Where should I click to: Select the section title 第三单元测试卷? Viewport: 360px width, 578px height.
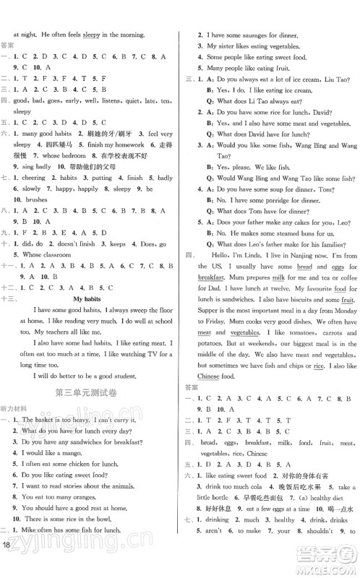click(90, 392)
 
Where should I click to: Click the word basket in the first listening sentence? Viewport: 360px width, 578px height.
click(52, 420)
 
